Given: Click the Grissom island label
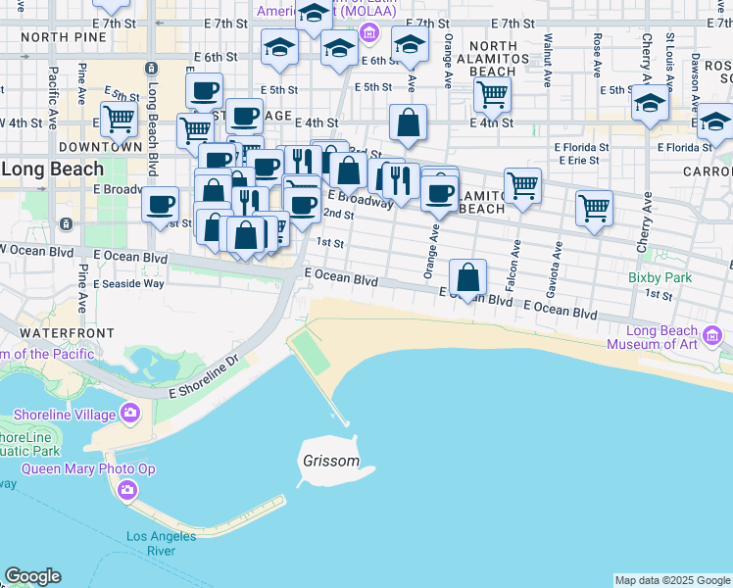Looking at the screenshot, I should pos(330,461).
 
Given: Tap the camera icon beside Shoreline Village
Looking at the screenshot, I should pos(129,414).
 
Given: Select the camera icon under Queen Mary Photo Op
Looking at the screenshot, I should pos(126,489).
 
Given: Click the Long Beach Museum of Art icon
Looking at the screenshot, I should pos(712,337).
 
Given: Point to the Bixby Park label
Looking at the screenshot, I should pos(660,277).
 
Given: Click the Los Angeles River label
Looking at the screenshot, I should pos(150,543).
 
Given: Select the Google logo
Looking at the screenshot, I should pos(32,576).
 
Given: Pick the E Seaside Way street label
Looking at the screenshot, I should pos(128,283).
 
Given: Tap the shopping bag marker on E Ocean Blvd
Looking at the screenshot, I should pos(469,278).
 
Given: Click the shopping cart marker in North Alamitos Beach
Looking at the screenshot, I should pos(491,95).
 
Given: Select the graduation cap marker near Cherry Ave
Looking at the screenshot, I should pos(649,103).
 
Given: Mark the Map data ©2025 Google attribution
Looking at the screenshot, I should pos(673,580).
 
